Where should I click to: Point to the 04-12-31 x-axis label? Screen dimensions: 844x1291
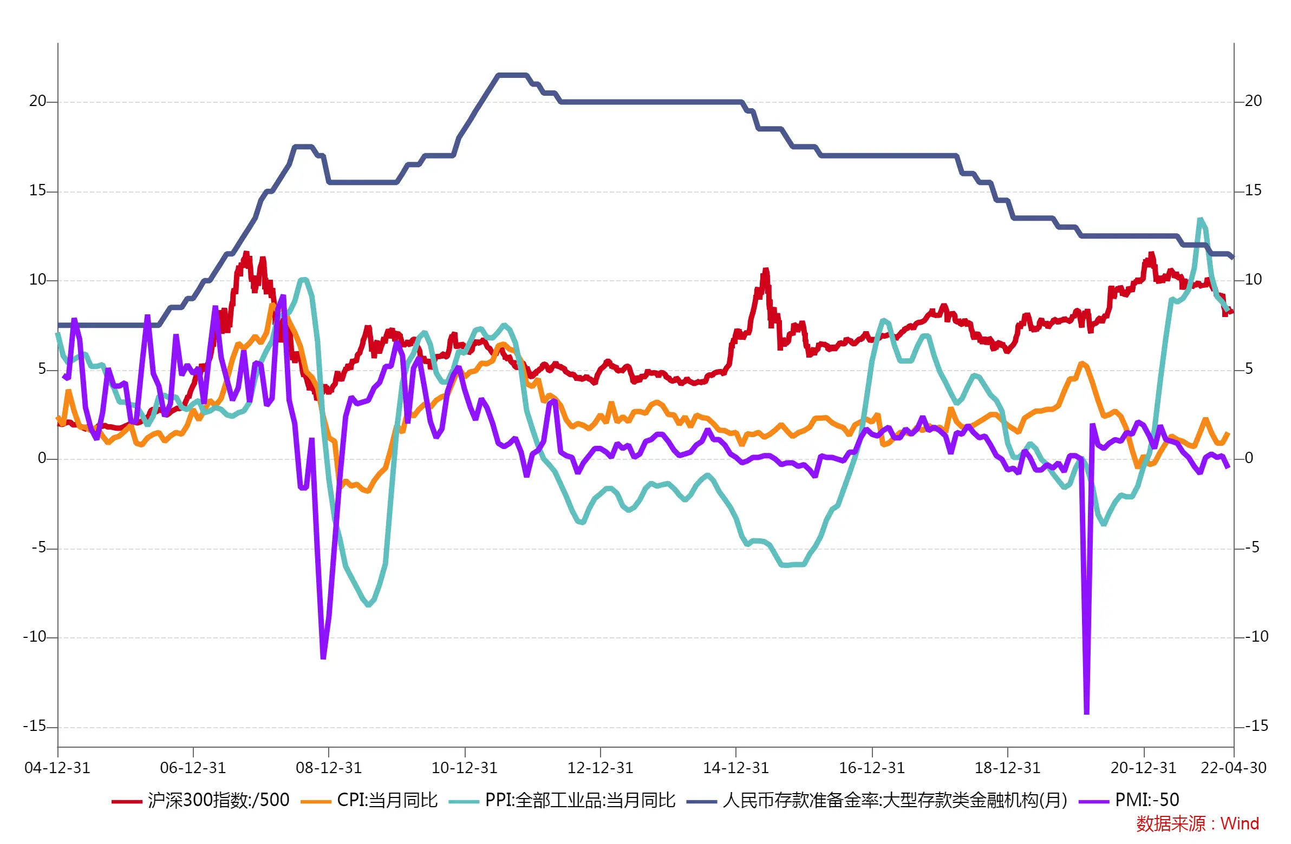57,768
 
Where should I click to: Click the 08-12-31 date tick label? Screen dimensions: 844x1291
329,768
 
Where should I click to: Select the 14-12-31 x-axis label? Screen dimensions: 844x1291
736,768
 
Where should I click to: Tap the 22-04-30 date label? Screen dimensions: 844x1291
1233,768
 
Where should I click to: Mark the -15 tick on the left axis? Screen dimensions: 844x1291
35,727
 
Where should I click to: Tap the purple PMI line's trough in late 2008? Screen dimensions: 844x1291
323,657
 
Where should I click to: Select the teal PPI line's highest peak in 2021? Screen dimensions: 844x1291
1201,220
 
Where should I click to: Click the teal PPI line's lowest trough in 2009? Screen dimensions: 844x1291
369,605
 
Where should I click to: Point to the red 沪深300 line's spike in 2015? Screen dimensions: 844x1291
766,270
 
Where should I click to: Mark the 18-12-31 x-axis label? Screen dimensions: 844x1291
1008,768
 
